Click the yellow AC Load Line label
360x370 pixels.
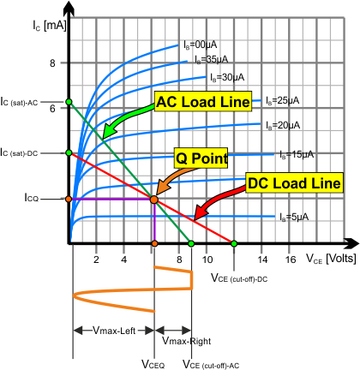(x=203, y=101)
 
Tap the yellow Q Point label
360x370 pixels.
(x=201, y=158)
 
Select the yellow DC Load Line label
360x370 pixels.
(x=294, y=182)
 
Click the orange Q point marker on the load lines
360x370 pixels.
(x=154, y=200)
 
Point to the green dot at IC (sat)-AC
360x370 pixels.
(x=69, y=102)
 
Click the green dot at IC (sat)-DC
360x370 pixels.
(x=69, y=152)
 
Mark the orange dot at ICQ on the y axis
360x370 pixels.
(x=69, y=199)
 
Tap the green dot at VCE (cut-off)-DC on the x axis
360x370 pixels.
(x=234, y=243)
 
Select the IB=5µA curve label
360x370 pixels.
(x=294, y=217)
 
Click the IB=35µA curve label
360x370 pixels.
(x=212, y=59)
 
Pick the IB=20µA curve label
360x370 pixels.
(x=283, y=125)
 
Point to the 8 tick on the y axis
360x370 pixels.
(x=52, y=63)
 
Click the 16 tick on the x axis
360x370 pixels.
(x=291, y=260)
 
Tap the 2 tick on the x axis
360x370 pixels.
(x=96, y=260)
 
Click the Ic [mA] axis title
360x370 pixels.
(x=50, y=26)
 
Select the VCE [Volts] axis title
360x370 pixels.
(x=331, y=259)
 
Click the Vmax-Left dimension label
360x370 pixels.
(x=114, y=331)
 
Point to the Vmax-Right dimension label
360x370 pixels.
(x=187, y=341)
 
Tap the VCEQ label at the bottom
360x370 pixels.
(x=153, y=364)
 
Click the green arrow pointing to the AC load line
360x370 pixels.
(x=126, y=118)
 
